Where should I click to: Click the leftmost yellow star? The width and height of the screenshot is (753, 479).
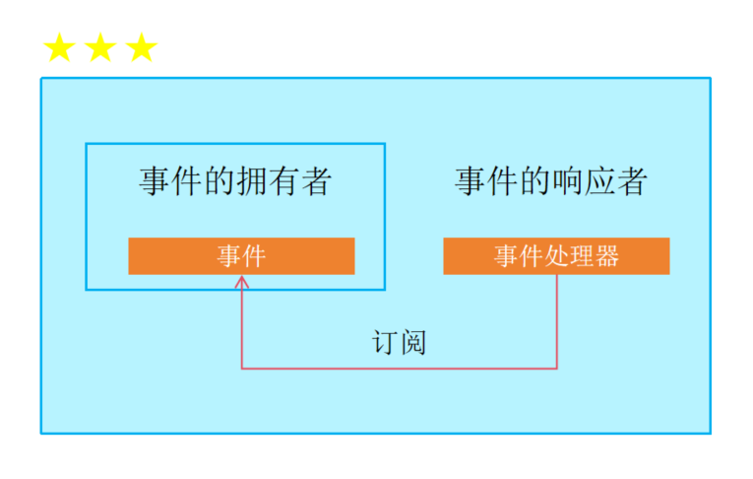(x=59, y=47)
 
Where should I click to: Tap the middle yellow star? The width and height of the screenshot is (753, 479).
(x=100, y=47)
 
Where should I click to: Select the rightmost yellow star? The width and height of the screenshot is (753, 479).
(x=142, y=47)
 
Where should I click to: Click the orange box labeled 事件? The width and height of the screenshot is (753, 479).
(x=241, y=256)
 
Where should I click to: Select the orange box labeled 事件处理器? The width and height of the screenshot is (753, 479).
(x=556, y=256)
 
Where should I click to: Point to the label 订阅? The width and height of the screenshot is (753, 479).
(x=399, y=342)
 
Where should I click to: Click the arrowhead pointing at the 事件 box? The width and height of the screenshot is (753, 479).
(x=242, y=282)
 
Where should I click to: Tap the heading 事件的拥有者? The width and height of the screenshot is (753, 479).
(x=234, y=181)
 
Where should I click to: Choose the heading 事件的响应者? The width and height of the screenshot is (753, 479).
(x=550, y=181)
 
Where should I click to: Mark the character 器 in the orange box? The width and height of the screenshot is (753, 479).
(x=607, y=256)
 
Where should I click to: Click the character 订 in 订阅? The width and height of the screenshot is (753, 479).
(x=385, y=342)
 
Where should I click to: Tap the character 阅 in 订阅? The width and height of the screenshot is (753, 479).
(x=412, y=342)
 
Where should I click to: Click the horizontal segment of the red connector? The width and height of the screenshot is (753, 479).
(x=399, y=369)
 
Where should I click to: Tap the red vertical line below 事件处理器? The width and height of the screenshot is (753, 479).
(x=557, y=320)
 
